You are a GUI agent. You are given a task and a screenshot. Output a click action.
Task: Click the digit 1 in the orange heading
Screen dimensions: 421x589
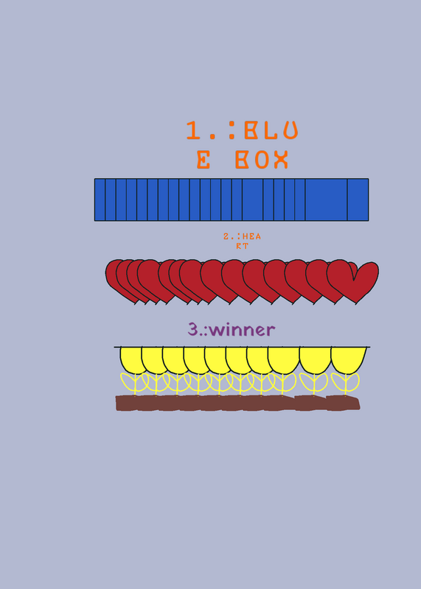click(193, 130)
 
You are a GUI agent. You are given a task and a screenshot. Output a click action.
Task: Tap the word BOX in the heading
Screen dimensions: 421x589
click(262, 159)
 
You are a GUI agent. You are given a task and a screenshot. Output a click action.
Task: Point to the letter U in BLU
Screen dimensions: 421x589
click(290, 130)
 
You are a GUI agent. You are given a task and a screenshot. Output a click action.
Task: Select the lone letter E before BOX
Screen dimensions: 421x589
click(203, 159)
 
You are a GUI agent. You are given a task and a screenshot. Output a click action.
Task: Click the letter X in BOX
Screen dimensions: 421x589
click(281, 159)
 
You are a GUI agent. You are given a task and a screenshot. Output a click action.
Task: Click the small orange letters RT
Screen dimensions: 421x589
click(242, 246)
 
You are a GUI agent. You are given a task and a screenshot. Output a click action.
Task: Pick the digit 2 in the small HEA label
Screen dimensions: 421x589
click(226, 236)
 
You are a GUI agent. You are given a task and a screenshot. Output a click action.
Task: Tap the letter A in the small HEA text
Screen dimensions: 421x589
click(257, 236)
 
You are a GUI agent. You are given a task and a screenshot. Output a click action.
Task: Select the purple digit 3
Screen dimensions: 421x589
click(192, 329)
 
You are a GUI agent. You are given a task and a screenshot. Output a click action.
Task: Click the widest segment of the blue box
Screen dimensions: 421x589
click(326, 200)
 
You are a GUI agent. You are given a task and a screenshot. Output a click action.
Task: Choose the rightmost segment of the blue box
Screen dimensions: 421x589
click(358, 200)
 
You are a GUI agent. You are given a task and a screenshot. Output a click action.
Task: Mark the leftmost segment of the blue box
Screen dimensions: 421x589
click(100, 200)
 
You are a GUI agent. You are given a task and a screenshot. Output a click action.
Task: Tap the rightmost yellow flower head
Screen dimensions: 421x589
click(349, 360)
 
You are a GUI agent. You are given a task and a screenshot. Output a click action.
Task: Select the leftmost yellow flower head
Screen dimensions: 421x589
click(131, 360)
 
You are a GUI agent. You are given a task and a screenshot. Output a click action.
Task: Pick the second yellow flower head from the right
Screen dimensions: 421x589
click(316, 360)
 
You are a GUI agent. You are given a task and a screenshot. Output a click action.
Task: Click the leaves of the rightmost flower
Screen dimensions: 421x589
click(345, 382)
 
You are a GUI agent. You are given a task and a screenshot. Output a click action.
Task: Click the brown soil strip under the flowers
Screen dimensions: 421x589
click(237, 403)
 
